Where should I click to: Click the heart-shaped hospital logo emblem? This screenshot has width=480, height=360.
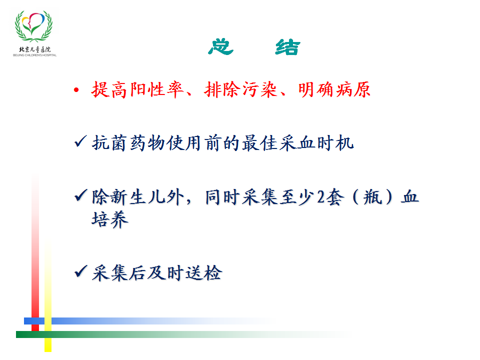33,26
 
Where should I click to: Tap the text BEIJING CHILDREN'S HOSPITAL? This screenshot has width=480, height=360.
34,55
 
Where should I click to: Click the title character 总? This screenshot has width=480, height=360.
220,47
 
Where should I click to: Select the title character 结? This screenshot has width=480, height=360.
288,47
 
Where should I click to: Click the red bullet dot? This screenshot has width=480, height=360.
76,90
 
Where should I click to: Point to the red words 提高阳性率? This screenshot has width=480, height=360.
137,89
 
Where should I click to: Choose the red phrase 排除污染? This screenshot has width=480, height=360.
241,89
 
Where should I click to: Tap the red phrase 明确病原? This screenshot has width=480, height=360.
334,89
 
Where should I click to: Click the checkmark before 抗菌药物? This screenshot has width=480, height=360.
80,141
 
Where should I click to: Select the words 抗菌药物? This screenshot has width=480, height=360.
128,143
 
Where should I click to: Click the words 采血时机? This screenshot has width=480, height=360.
316,143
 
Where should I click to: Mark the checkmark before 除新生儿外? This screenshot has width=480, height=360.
80,195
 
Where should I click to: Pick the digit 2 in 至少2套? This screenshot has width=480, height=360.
321,197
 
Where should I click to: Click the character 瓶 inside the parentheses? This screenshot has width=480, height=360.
373,197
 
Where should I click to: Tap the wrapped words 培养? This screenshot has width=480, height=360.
110,219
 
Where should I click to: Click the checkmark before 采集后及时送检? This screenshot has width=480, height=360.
80,271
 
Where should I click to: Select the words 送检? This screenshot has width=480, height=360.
204,273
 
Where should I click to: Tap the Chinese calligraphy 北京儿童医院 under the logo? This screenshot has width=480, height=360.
34,49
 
